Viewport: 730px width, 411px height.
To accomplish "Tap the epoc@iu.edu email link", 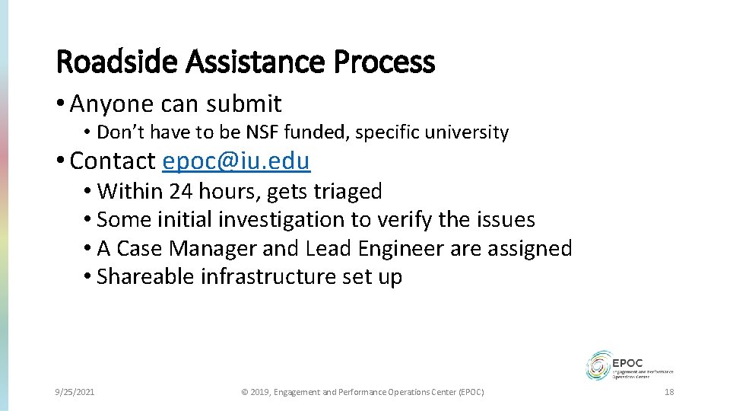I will [236, 161].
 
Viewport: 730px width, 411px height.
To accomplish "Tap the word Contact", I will [113, 161].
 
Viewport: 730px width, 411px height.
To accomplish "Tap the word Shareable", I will [146, 277].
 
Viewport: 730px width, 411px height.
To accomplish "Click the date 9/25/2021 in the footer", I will [75, 392].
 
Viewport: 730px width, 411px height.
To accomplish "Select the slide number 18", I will [669, 392].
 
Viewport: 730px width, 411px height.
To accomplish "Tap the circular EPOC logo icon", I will [599, 365].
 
